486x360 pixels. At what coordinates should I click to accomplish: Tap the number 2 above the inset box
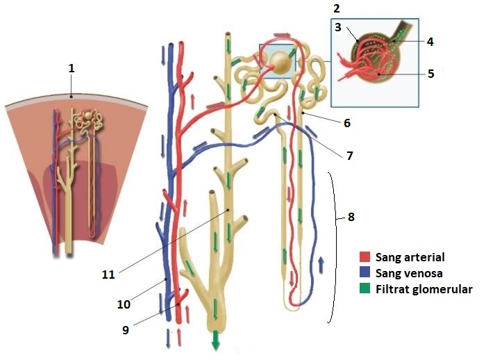(336, 8)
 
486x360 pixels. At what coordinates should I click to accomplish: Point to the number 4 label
(430, 42)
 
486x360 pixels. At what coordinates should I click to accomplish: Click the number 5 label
(430, 73)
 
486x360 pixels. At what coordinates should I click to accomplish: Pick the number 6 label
(347, 123)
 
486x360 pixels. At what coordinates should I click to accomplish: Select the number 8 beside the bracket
(351, 216)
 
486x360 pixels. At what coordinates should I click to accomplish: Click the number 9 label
(126, 330)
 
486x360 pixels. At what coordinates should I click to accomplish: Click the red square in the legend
(367, 257)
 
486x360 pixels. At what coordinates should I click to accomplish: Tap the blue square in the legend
(367, 273)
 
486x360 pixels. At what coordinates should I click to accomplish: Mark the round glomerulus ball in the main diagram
(281, 63)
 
